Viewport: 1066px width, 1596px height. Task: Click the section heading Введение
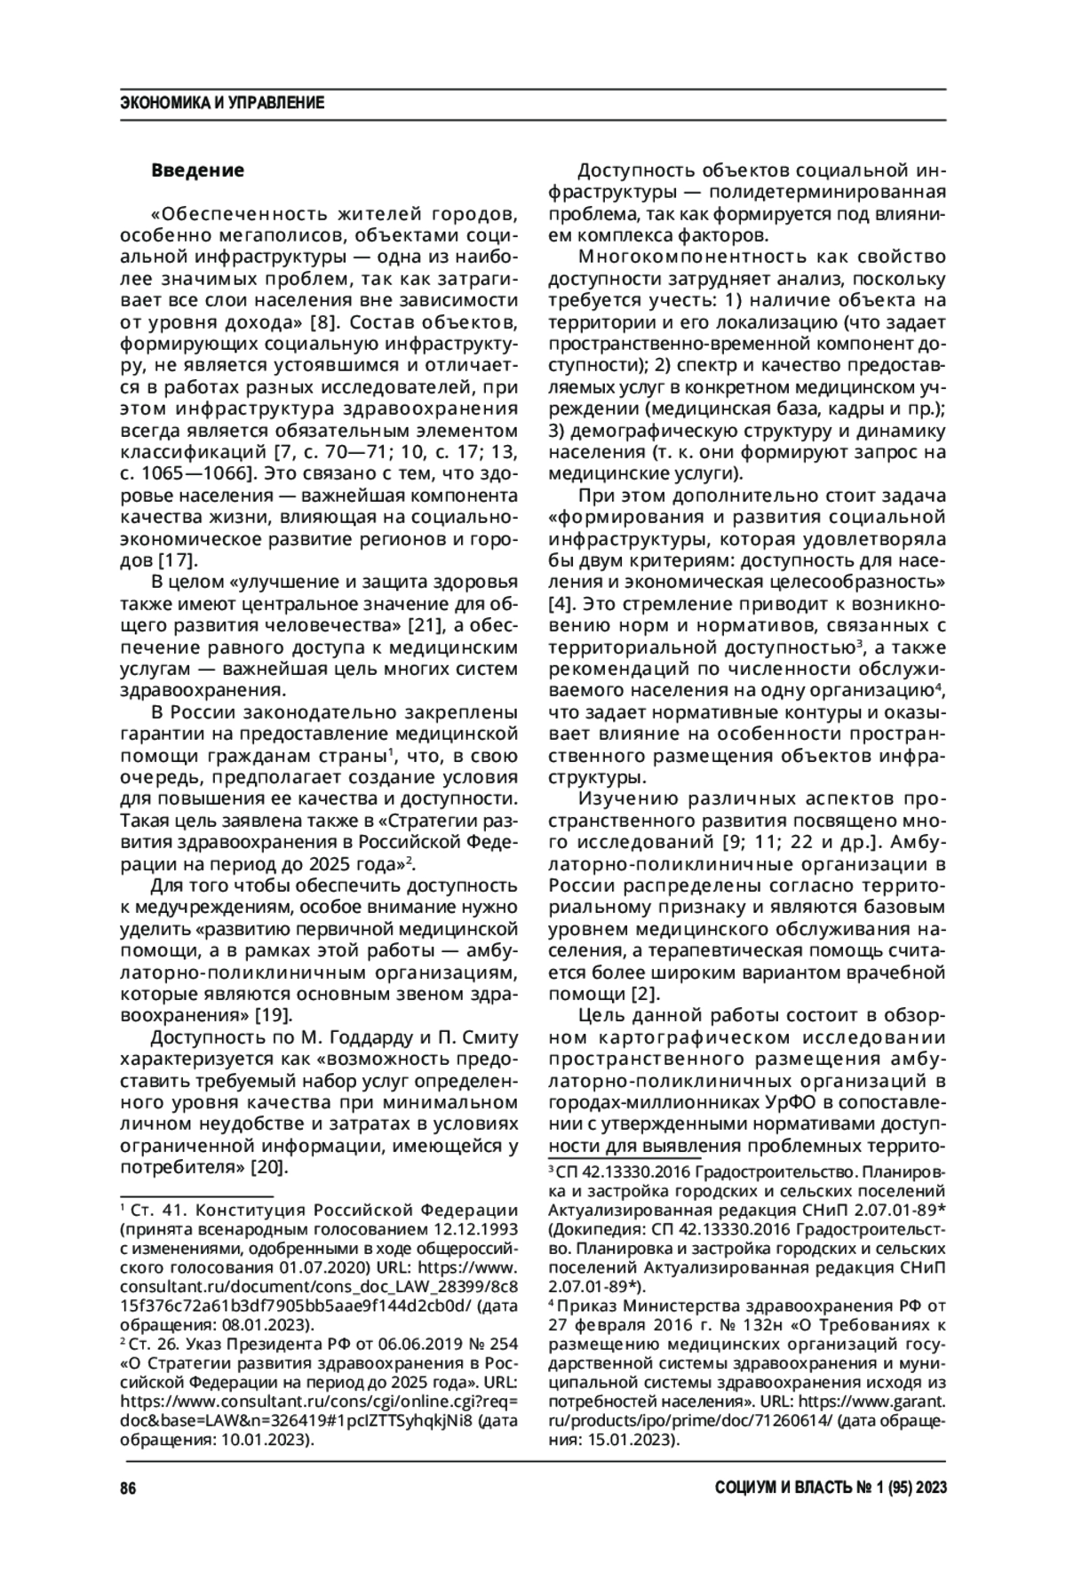pos(197,169)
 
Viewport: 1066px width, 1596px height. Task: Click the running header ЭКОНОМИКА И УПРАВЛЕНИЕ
pos(221,103)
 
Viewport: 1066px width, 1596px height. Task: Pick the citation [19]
pos(274,1014)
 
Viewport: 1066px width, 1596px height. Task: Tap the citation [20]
pos(270,1166)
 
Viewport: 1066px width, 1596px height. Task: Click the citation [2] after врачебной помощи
pos(645,992)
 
